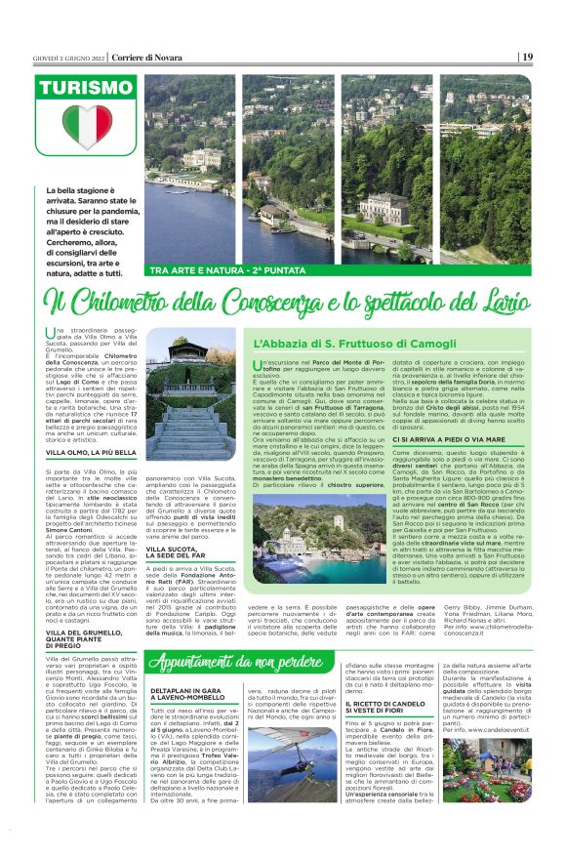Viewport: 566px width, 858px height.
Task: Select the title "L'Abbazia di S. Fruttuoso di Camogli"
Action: coord(337,344)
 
